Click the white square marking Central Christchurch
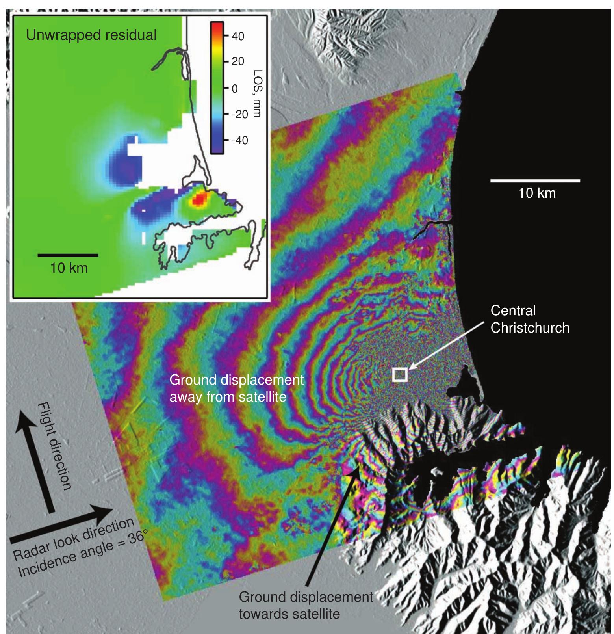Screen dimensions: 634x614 (399, 374)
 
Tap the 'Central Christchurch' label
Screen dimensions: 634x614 (529, 319)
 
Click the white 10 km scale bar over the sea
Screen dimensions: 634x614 (535, 180)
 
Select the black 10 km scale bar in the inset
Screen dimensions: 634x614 (68, 255)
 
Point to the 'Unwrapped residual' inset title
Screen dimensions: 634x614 (91, 35)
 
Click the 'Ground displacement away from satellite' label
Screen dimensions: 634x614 (236, 388)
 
